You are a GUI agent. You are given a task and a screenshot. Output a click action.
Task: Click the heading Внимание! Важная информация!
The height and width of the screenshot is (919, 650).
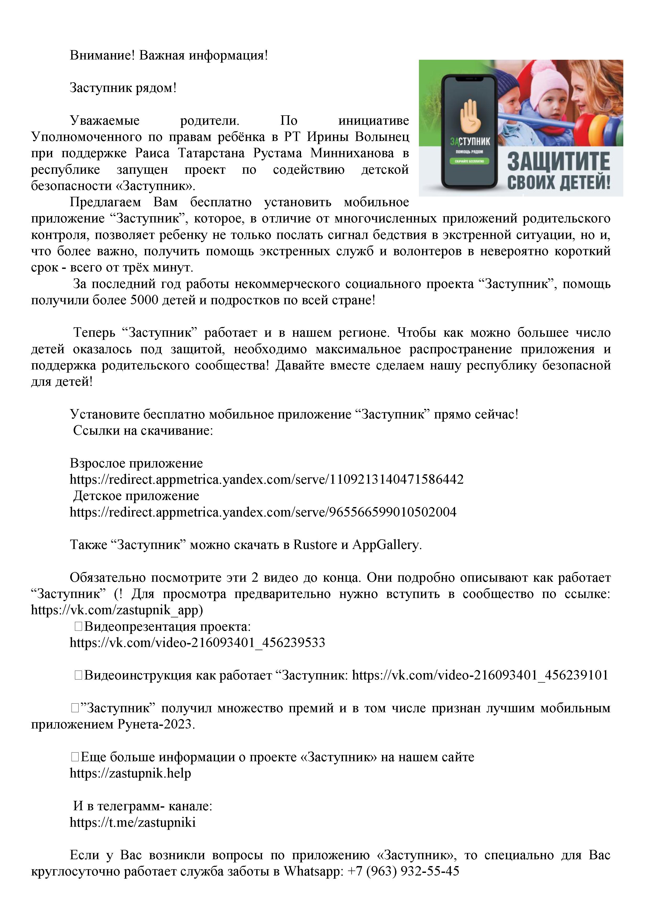click(168, 55)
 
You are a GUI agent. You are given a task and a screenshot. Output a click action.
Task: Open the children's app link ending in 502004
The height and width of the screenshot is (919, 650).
click(263, 512)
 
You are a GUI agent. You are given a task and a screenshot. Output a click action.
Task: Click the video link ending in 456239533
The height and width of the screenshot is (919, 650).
click(197, 643)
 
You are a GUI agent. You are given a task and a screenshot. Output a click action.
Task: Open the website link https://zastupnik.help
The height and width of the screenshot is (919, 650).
click(130, 773)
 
